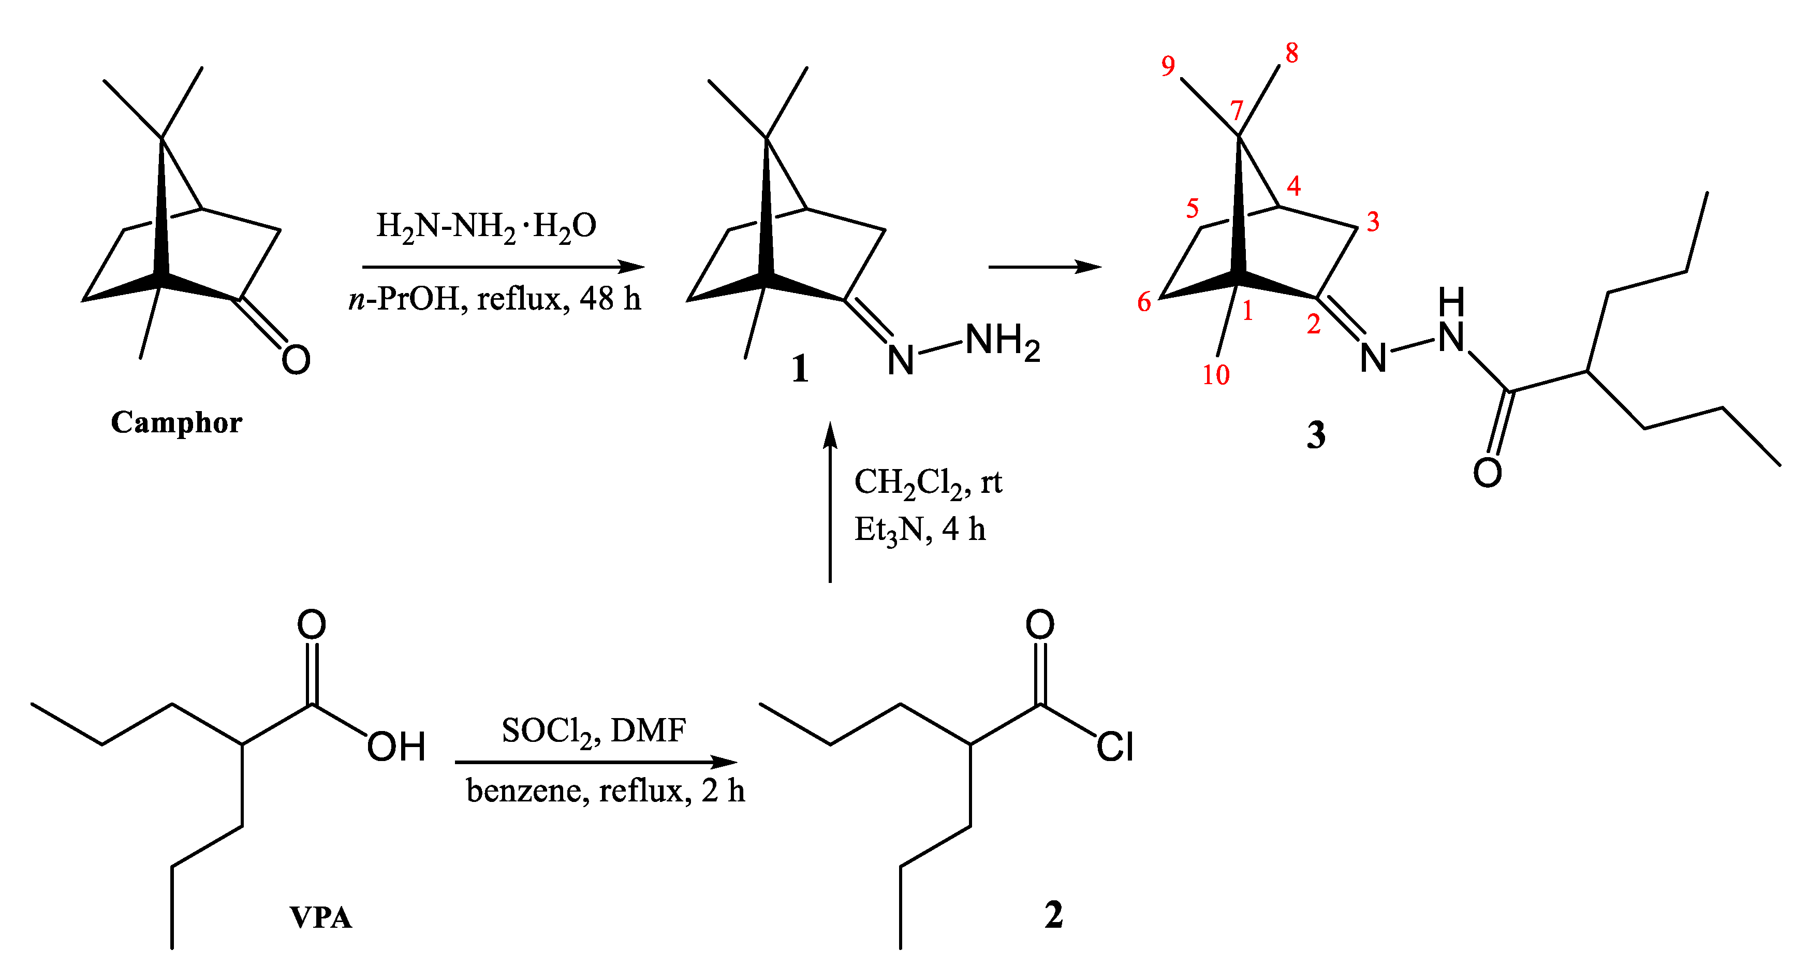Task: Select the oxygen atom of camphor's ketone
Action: pos(296,359)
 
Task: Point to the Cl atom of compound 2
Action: pos(1115,747)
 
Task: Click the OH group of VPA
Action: pos(395,747)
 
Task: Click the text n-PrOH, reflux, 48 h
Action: pos(494,299)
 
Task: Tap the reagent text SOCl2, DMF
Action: pos(593,731)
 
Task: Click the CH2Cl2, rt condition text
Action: pos(928,482)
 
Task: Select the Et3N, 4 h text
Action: pos(919,530)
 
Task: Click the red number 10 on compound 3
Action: pos(1216,375)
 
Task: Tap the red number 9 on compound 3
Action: pos(1168,66)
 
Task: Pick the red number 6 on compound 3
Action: pos(1143,302)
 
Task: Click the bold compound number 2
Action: pos(1054,915)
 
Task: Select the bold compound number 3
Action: pos(1316,435)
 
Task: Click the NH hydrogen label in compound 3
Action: pos(1451,302)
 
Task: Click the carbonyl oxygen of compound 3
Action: pos(1487,473)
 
